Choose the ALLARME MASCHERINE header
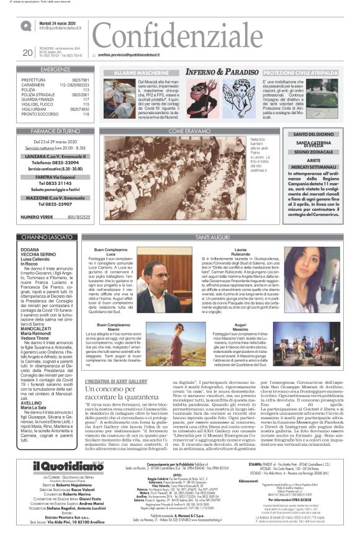[x=134, y=73]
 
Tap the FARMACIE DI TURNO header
[x=55, y=131]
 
